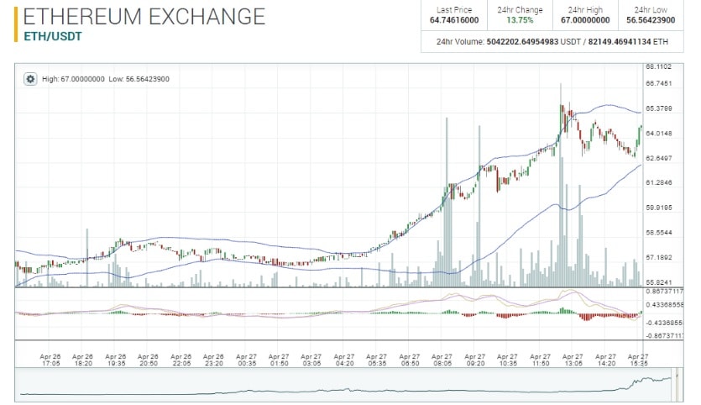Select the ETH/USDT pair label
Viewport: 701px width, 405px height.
tap(48, 37)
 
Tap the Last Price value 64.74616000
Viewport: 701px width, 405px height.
tap(454, 20)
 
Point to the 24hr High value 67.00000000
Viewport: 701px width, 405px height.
tap(584, 20)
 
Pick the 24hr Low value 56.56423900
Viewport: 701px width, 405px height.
tap(650, 20)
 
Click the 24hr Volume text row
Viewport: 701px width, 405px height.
tap(552, 41)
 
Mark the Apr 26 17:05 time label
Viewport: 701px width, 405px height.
tap(51, 360)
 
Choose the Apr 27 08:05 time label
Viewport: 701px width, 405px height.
tap(442, 360)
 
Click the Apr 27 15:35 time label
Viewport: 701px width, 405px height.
tap(638, 360)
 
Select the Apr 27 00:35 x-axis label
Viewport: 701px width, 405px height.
tap(246, 360)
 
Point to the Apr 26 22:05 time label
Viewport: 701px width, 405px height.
tap(181, 360)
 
